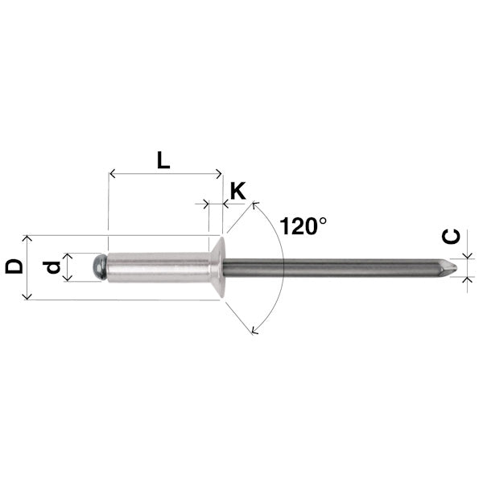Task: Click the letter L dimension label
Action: [x=163, y=159]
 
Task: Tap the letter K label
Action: [x=238, y=191]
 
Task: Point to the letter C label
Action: [x=452, y=237]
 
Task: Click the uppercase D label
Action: [x=14, y=266]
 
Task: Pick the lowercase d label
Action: [x=53, y=266]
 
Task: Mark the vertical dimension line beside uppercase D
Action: [x=28, y=267]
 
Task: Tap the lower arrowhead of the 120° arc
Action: [x=255, y=329]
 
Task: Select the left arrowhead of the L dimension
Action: [x=111, y=172]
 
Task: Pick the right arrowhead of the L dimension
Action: [x=218, y=172]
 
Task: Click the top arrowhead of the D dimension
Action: [x=28, y=238]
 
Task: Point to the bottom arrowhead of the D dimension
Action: [x=28, y=297]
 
